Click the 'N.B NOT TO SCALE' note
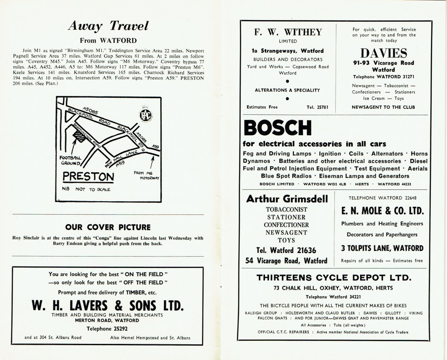pos(85,190)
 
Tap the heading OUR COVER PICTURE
pos(108,227)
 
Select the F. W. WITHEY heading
pos(288,32)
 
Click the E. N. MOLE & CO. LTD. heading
pos(383,211)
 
